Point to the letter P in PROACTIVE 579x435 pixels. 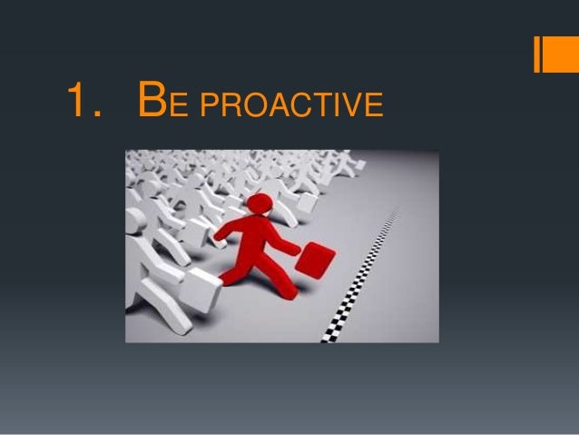[209, 107]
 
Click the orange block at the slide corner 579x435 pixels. [561, 54]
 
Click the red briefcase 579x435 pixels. [315, 258]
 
